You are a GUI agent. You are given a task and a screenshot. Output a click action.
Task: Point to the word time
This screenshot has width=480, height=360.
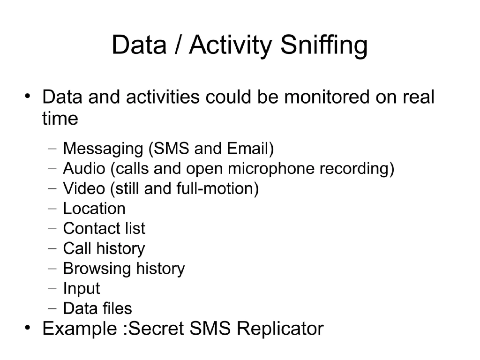[x=60, y=119]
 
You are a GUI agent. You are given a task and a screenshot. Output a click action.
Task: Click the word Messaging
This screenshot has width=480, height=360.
[x=103, y=149]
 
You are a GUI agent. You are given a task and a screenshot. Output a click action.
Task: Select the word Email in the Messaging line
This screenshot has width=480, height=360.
[x=248, y=149]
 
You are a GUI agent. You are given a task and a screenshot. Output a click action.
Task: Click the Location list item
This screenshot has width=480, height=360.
[x=94, y=209]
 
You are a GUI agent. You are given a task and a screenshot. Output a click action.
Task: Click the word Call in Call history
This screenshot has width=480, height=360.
[x=77, y=248]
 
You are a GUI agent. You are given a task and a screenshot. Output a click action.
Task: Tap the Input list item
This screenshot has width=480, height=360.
[x=81, y=289]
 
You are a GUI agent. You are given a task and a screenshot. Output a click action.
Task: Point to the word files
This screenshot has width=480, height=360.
[x=117, y=308]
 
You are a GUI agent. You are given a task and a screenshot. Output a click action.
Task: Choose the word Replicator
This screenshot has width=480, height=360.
[x=280, y=328]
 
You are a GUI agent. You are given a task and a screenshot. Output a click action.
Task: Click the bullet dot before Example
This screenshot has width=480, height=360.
[x=29, y=327]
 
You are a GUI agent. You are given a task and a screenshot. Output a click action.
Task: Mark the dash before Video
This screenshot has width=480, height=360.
[x=52, y=189]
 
